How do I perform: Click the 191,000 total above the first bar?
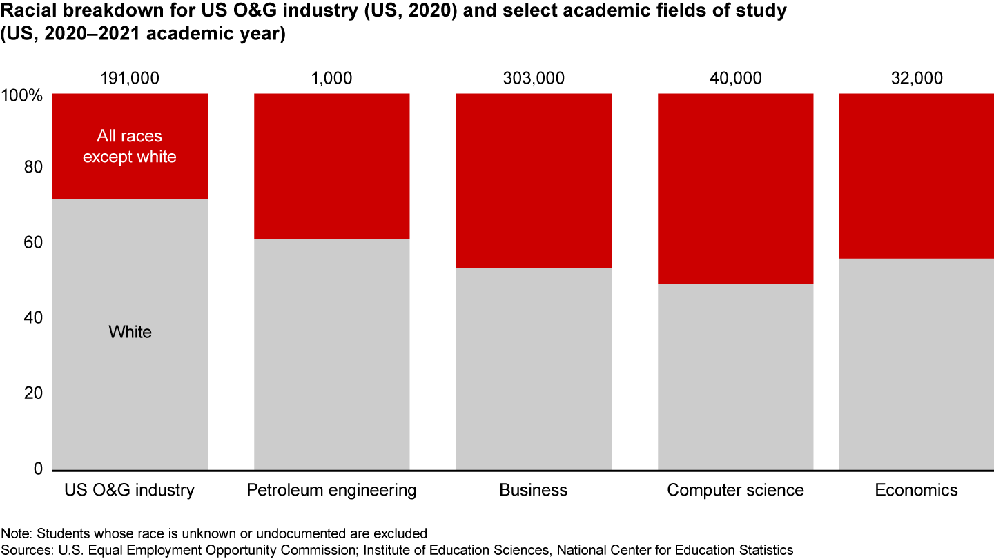click(130, 78)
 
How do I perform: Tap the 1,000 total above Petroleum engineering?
click(331, 78)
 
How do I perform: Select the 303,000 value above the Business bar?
click(534, 78)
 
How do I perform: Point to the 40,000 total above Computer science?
click(735, 78)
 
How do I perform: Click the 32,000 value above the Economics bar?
click(916, 78)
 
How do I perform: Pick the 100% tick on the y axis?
click(23, 95)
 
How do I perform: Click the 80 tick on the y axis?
click(33, 168)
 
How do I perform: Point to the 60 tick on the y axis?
click(33, 243)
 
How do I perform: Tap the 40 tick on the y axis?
click(33, 318)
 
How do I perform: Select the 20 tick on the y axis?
click(33, 393)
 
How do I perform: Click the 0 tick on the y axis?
click(38, 469)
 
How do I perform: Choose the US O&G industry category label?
click(130, 490)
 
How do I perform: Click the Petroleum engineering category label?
click(331, 490)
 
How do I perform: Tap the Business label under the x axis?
click(534, 490)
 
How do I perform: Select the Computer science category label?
click(735, 490)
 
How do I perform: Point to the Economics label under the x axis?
click(916, 490)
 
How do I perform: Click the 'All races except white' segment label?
click(130, 147)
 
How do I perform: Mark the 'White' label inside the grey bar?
click(130, 333)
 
